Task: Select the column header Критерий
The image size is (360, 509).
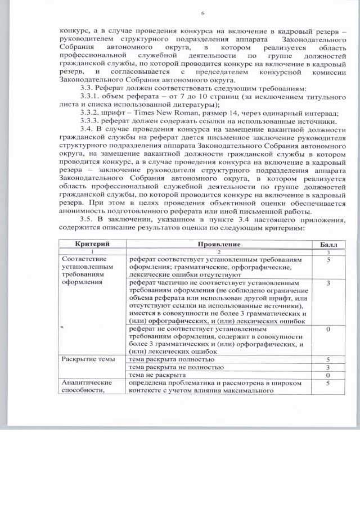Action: (x=92, y=244)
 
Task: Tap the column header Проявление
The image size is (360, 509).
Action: (x=219, y=244)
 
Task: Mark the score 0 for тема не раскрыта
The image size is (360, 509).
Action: (x=327, y=375)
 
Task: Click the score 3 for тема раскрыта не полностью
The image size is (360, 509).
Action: (x=327, y=367)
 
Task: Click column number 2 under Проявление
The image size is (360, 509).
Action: (x=219, y=252)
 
